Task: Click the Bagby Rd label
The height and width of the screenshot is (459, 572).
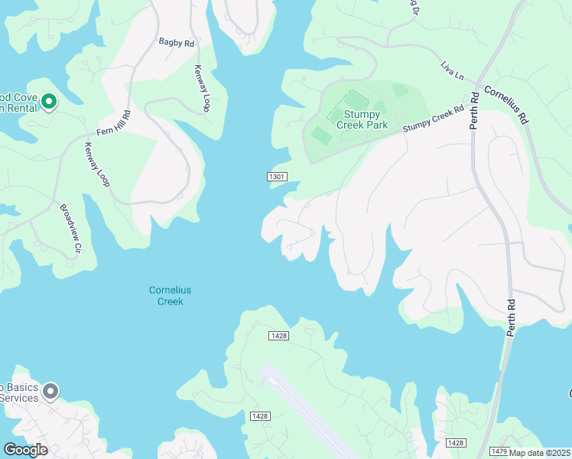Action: (177, 44)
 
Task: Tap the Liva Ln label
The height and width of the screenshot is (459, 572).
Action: (453, 71)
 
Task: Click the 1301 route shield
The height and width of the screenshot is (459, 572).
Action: (277, 177)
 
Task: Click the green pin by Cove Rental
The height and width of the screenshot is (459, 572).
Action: (49, 101)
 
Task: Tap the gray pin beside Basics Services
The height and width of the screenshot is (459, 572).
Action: (50, 392)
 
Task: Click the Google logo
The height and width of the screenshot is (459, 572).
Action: (24, 450)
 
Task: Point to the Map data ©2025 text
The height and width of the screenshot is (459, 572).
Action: (540, 453)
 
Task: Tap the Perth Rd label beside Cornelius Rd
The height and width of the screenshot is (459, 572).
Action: (474, 110)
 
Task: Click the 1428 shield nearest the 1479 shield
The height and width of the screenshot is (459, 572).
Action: (456, 443)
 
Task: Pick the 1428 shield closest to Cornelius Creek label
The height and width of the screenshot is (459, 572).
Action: (278, 336)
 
